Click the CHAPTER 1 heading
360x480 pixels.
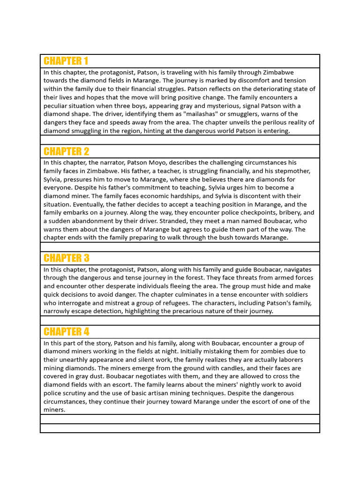(66, 61)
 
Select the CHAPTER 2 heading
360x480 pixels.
(66, 151)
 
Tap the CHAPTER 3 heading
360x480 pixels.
(66, 258)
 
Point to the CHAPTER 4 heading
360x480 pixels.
(66, 332)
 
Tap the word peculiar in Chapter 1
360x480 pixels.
(57, 106)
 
